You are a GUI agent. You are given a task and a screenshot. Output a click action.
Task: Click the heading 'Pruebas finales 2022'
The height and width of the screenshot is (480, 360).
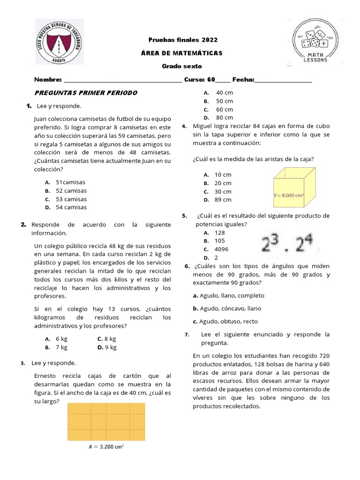tap(183, 40)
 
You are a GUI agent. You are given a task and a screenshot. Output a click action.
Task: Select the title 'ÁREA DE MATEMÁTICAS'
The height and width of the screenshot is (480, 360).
tap(182, 53)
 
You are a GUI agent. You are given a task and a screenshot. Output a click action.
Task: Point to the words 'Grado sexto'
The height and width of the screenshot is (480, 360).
tap(182, 67)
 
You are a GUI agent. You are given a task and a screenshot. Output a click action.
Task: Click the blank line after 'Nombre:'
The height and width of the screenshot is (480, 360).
tap(122, 80)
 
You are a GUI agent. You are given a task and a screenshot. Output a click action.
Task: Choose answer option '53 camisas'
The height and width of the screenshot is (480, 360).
tap(71, 199)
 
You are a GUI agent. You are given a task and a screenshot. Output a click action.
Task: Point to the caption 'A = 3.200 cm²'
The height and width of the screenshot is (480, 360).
tap(106, 447)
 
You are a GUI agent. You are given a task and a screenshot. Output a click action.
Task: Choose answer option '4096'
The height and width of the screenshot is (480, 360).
tap(221, 249)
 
